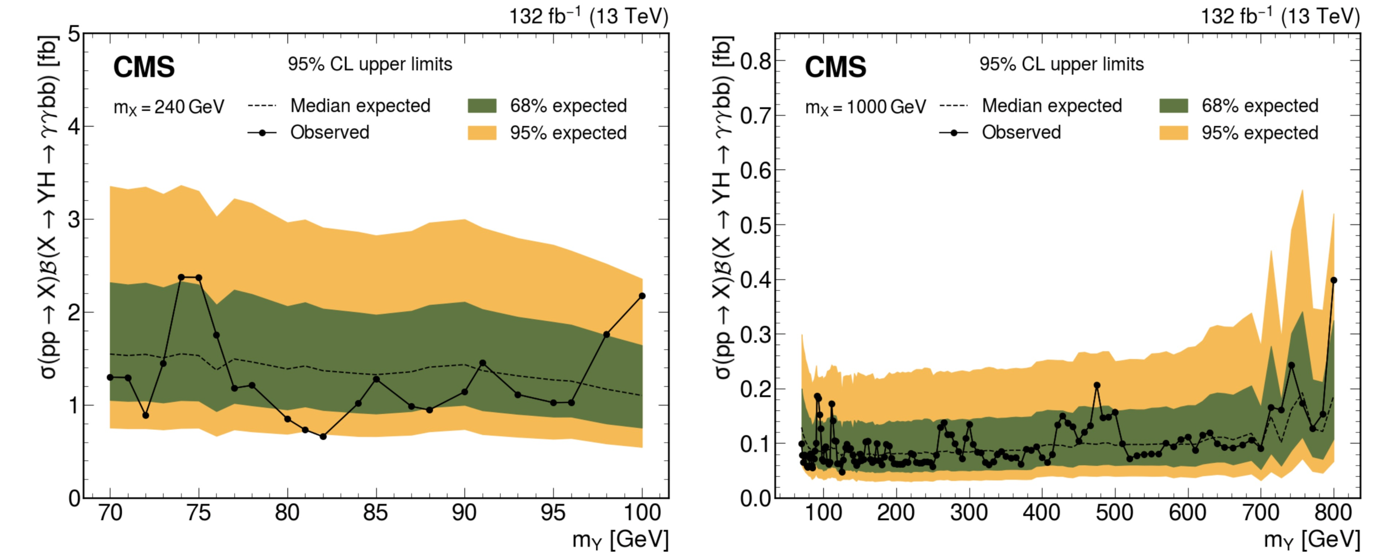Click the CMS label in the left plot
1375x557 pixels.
(144, 67)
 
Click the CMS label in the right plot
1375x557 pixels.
(835, 67)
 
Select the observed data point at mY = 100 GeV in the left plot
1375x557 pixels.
(642, 296)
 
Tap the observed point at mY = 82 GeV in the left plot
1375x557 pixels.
(323, 436)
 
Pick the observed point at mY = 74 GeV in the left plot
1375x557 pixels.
(181, 277)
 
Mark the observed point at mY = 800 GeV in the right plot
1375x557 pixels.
(1334, 280)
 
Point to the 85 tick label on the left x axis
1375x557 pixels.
(376, 513)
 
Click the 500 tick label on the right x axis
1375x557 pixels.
(1114, 513)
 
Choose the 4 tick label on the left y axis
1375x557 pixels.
(74, 127)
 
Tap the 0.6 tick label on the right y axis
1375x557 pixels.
(755, 170)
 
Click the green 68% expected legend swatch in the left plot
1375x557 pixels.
(482, 106)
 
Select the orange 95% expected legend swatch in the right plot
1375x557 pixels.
(1174, 133)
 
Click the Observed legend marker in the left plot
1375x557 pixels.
(262, 133)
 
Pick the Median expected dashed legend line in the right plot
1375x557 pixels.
(953, 106)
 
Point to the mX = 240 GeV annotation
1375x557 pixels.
(169, 107)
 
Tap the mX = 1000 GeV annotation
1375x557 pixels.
(865, 107)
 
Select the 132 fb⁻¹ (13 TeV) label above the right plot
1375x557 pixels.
(1280, 17)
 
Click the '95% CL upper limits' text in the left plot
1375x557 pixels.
(370, 64)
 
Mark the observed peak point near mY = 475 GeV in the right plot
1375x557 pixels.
(1097, 385)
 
